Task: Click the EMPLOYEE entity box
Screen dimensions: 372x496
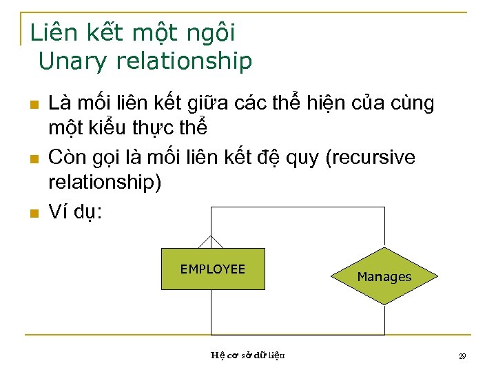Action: click(x=212, y=269)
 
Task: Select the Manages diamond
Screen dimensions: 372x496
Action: click(x=384, y=277)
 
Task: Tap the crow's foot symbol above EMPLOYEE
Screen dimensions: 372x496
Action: click(x=211, y=242)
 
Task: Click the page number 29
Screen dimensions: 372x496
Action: click(x=462, y=356)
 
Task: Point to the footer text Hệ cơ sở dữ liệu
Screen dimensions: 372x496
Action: click(x=248, y=355)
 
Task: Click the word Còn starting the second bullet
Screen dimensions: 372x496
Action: click(x=65, y=158)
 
